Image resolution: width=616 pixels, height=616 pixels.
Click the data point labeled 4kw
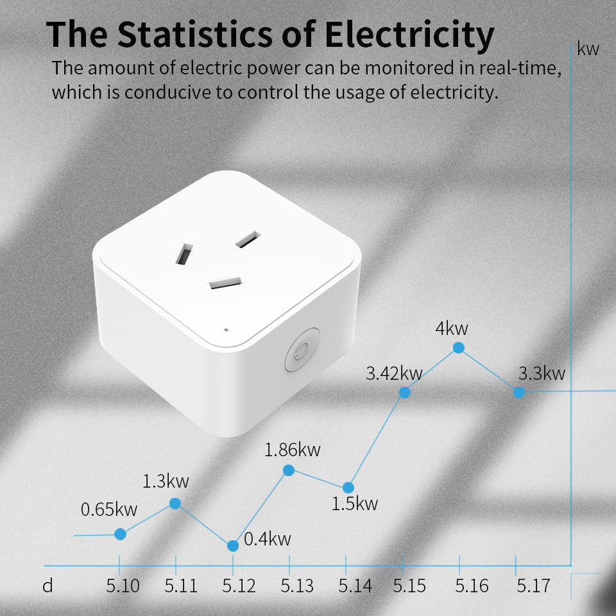458,348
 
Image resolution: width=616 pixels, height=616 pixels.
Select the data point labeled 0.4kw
233,545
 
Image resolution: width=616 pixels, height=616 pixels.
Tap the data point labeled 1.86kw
289,470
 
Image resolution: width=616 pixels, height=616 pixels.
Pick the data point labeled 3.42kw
405,393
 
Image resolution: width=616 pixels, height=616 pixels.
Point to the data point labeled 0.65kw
120,534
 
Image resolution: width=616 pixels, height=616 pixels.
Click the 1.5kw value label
355,504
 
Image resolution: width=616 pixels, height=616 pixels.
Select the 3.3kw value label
542,373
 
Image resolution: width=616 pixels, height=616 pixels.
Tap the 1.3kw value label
166,481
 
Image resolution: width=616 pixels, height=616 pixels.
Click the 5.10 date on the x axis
123,586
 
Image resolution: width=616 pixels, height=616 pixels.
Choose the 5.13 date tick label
297,586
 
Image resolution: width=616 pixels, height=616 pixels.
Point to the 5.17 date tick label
533,586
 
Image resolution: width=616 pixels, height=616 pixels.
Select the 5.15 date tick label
409,586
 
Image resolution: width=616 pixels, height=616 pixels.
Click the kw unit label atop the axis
588,49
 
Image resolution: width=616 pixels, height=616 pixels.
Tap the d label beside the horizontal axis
47,586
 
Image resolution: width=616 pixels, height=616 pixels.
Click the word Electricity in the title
409,35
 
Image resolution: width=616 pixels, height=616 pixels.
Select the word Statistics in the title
195,34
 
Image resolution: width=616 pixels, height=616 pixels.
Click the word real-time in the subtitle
520,68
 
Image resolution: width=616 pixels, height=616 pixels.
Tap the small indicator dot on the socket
226,330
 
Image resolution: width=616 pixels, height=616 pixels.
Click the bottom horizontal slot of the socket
225,283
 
